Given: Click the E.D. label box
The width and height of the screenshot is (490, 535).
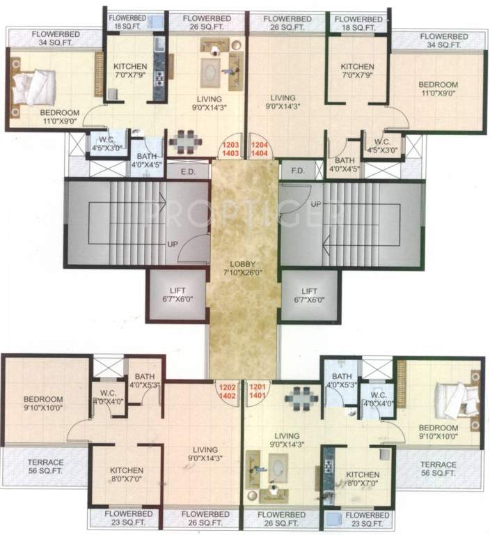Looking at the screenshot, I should click(x=187, y=171).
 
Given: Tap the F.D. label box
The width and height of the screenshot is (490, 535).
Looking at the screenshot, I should click(x=296, y=171).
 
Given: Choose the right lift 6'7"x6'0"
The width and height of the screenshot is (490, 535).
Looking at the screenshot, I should click(x=310, y=295).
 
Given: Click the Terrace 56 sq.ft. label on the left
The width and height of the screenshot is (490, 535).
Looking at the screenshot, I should click(x=45, y=467).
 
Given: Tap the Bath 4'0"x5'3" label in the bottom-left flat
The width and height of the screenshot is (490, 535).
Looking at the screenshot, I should click(x=145, y=380).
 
